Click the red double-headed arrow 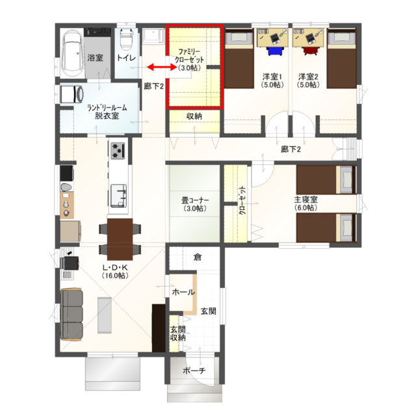coord(162,68)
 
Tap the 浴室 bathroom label coord(95,58)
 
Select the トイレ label coord(126,58)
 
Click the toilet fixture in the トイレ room coord(126,39)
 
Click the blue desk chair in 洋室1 coord(275,51)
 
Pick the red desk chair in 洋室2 coord(310,51)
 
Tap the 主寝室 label coord(305,200)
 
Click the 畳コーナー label coord(195,200)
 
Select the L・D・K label coord(115,267)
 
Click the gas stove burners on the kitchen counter coord(118,150)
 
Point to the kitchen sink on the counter coord(118,196)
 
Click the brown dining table coord(120,239)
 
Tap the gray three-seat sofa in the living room coord(71,315)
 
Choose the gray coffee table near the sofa coord(105,315)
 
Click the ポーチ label coord(194,370)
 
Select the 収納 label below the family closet coord(194,116)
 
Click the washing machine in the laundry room coord(71,94)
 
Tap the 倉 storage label coord(198,257)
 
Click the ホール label coord(183,292)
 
